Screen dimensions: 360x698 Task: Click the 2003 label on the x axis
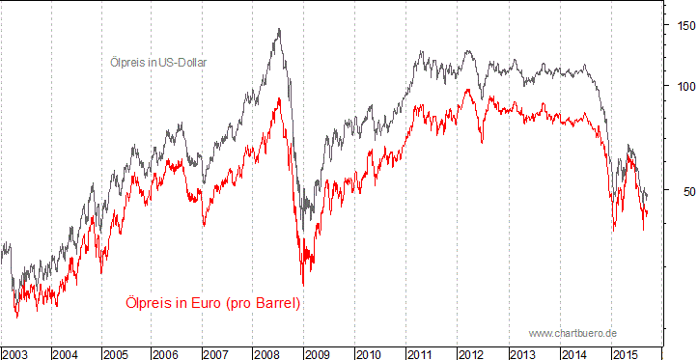coord(15,354)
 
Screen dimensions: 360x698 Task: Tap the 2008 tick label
coord(267,354)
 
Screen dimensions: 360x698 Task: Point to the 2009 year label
coord(318,354)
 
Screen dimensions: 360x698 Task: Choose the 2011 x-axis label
coord(419,354)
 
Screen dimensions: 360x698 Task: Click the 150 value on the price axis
coord(683,26)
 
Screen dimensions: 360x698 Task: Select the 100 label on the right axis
coord(683,86)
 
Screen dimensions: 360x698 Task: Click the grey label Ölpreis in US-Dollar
coord(157,62)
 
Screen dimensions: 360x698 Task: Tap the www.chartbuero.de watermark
coord(572,333)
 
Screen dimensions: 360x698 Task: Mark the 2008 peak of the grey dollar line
coord(279,29)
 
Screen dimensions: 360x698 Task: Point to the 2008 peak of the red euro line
coord(280,97)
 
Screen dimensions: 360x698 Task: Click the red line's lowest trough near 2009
coord(302,285)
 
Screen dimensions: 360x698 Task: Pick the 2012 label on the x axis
coord(470,354)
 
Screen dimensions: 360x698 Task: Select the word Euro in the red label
coord(206,303)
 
